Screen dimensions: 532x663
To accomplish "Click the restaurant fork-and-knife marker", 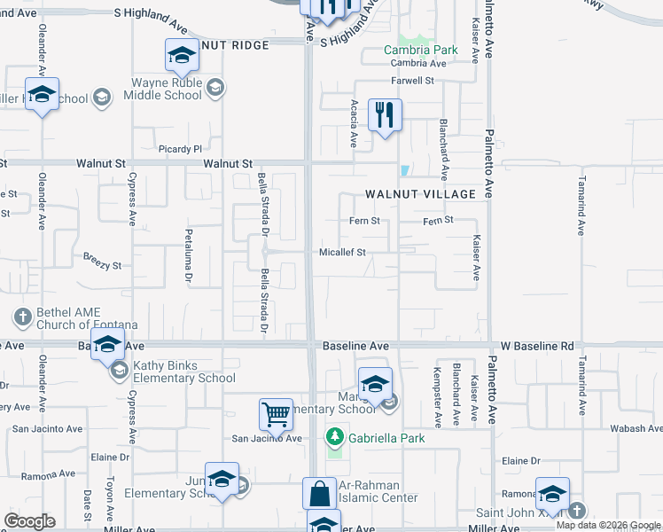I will tap(385, 114).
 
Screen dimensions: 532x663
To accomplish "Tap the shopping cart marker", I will tap(276, 413).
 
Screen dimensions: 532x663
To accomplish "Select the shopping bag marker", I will tap(319, 493).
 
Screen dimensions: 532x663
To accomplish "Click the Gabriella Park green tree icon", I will tap(335, 437).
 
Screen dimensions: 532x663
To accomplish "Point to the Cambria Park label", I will tap(421, 50).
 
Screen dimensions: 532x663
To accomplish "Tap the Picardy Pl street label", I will tap(181, 149).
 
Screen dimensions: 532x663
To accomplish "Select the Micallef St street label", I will tap(343, 252).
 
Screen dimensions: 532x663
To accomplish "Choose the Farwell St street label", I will tap(413, 81).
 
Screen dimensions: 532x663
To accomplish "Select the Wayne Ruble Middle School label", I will tap(168, 88).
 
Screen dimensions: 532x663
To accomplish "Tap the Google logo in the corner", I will tap(29, 521).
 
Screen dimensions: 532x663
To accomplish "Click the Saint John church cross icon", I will tap(577, 511).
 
